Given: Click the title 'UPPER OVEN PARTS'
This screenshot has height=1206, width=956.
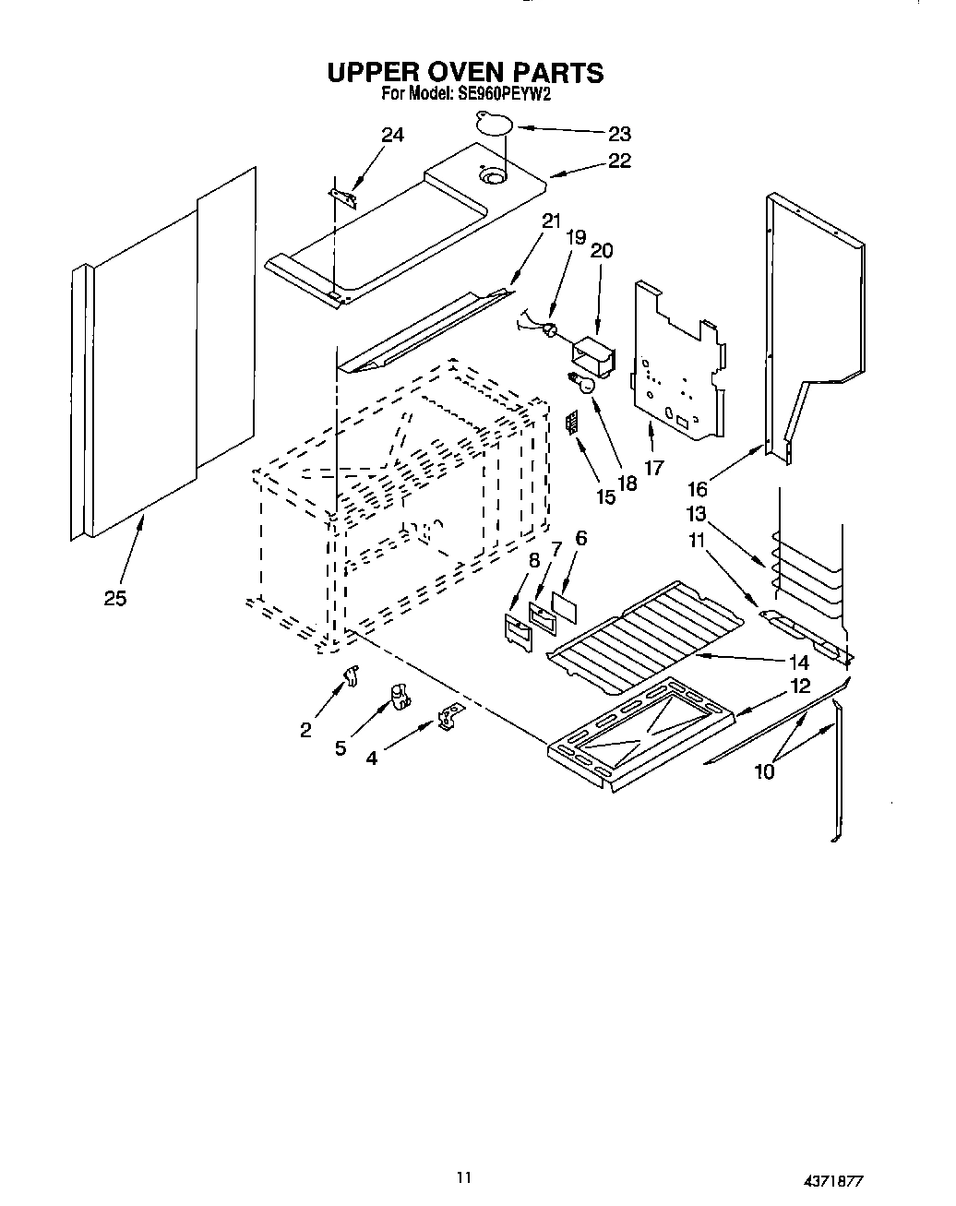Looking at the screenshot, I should tap(465, 72).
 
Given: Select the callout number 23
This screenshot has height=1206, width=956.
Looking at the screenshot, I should tap(619, 133).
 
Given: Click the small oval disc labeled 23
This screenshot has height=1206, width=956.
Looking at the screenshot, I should tap(494, 122).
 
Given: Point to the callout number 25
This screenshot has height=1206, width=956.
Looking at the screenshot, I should tap(114, 598).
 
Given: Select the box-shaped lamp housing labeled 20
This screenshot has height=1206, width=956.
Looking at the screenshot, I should tap(592, 357).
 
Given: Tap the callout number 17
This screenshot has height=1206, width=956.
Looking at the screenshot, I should tap(653, 468).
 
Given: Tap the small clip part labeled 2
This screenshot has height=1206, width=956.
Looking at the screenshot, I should tap(350, 676).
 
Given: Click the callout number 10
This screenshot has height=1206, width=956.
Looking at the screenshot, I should tap(764, 771).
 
